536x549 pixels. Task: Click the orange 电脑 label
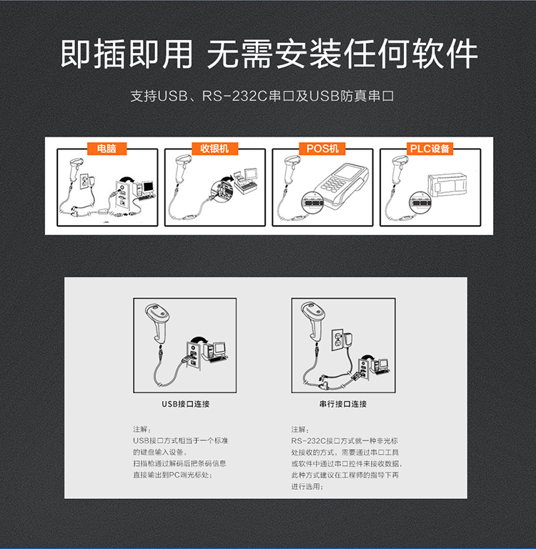coord(106,149)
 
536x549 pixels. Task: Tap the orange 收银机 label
coord(214,149)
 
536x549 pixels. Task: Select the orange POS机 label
coord(322,149)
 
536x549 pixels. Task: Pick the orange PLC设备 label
coord(430,149)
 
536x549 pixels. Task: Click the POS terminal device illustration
coord(342,186)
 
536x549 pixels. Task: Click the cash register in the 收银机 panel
coord(246,181)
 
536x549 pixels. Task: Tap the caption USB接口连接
coord(186,404)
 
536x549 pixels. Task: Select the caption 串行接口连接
coord(343,404)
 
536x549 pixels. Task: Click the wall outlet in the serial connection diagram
coord(338,340)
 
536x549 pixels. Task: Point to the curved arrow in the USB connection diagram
coord(199,340)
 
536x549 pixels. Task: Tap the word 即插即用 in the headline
coord(126,54)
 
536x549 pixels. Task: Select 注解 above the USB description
coord(142,429)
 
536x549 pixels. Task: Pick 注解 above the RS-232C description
coord(300,429)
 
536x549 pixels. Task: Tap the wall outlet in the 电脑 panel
coord(84,181)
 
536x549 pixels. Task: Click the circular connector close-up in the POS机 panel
coord(312,202)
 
